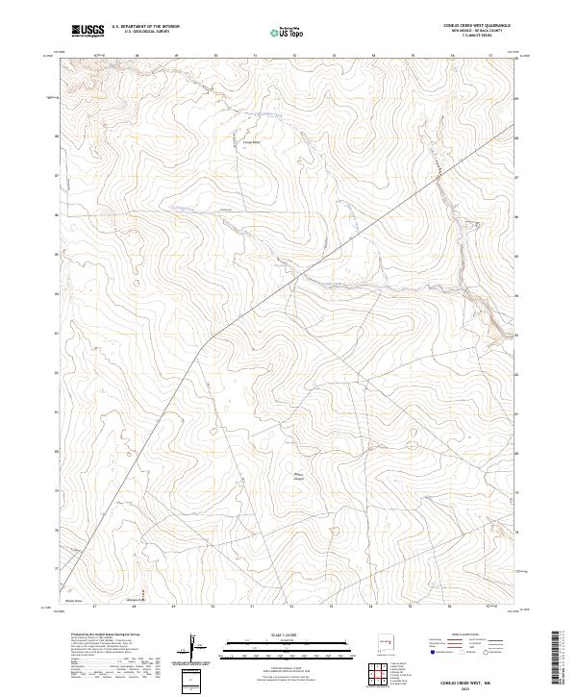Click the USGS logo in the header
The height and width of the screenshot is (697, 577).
(88, 31)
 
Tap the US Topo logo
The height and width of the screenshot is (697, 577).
(285, 32)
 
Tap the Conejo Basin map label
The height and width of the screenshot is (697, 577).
(251, 144)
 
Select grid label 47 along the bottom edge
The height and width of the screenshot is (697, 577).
(94, 607)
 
